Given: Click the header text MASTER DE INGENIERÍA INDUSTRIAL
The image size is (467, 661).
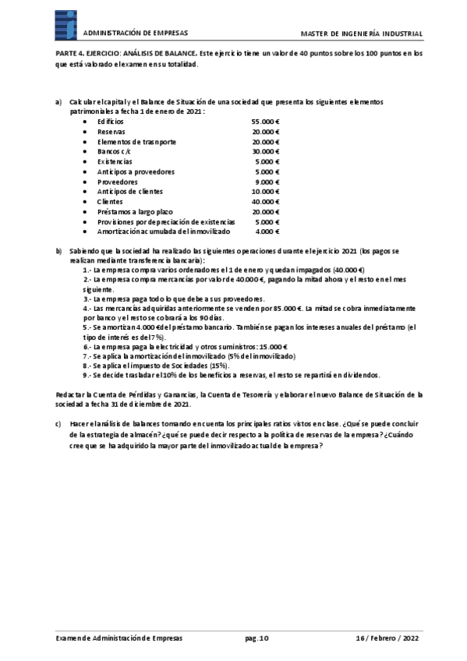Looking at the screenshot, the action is point(362,34).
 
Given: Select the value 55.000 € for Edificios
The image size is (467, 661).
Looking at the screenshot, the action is point(266,122).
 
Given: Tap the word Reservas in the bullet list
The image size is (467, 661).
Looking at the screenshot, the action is point(111,133).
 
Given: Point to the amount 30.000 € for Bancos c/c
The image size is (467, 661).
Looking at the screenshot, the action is point(266,152).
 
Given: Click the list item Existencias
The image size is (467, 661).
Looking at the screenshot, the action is point(115,161).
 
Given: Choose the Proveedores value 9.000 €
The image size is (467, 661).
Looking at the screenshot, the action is point(267,182).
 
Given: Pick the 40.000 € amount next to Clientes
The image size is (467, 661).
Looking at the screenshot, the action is point(266,202).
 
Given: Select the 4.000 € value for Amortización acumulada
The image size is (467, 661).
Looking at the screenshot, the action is point(267,232).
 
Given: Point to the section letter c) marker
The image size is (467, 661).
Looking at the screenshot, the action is point(58,423).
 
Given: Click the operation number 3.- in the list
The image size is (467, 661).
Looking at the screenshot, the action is point(87,299).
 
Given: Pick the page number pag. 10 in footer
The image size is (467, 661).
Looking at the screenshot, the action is point(256,637).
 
